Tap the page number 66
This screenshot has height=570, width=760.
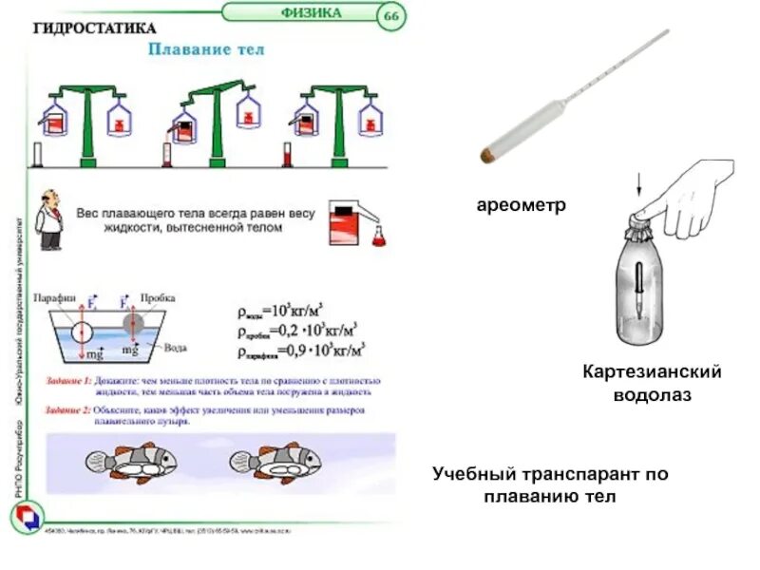tap(390, 15)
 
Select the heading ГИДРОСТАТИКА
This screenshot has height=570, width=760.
tap(95, 28)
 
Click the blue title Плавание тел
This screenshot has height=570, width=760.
tap(205, 48)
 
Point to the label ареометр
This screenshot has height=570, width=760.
tap(521, 204)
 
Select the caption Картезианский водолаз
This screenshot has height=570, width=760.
tap(652, 383)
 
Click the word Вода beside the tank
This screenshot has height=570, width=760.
tap(176, 348)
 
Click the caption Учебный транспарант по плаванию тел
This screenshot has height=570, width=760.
tap(550, 484)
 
